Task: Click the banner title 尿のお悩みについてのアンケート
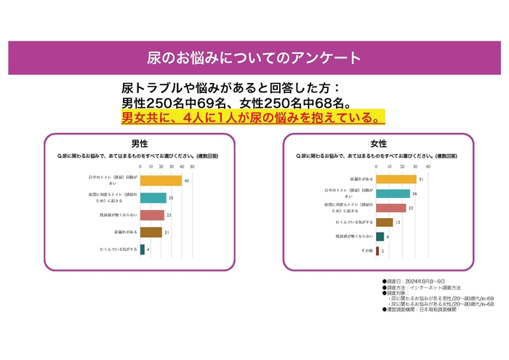point(254,57)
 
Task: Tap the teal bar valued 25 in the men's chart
point(153,198)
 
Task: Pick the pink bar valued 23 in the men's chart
point(152,215)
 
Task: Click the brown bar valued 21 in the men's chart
point(151,232)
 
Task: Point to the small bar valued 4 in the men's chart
point(142,249)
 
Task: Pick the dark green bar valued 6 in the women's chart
point(380,236)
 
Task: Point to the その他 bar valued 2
point(377,251)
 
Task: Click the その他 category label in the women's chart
point(366,251)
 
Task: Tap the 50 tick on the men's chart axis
point(192,167)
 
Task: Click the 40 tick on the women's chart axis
point(428,167)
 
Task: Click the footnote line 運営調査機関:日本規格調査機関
point(426,310)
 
